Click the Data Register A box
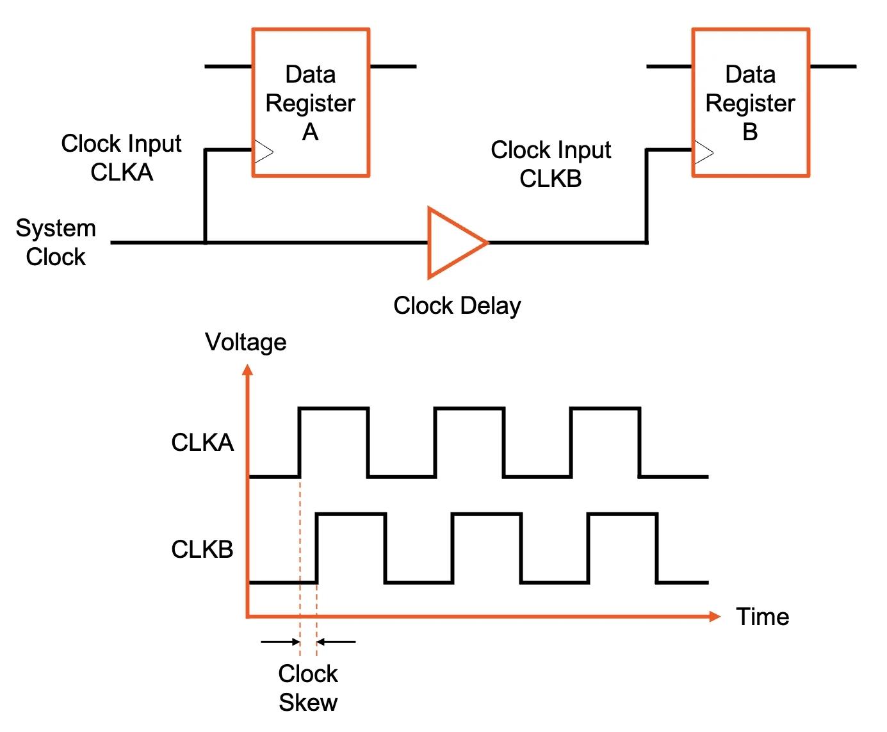[x=311, y=102]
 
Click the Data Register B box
[x=751, y=102]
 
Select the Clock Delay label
[x=457, y=306]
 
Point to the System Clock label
[x=56, y=243]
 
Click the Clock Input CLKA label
[x=121, y=158]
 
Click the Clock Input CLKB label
[x=551, y=164]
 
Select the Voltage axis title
[x=245, y=342]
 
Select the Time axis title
[x=762, y=617]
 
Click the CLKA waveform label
[x=202, y=443]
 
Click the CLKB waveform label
[x=202, y=549]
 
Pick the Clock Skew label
[x=308, y=688]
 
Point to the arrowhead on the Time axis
[x=715, y=616]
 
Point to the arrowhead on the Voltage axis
[x=248, y=370]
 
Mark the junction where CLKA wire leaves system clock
[x=206, y=243]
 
